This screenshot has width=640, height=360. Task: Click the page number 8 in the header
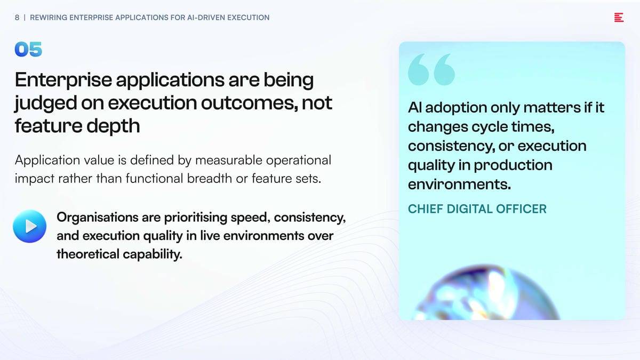tap(17, 18)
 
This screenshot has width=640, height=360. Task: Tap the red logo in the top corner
tap(619, 18)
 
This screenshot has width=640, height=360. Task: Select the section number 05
tap(28, 49)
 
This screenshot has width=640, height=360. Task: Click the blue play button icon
tap(30, 226)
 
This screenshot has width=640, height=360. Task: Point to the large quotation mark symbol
tap(431, 69)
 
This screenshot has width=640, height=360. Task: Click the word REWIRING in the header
tap(49, 18)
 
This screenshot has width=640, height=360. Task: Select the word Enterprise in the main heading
tap(63, 81)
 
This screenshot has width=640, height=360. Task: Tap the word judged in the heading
tap(46, 103)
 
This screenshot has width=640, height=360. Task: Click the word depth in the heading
tap(113, 126)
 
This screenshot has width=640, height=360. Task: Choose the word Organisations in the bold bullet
tap(98, 218)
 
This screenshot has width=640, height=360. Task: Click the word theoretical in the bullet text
tap(88, 254)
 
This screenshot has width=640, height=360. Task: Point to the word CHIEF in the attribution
tap(426, 209)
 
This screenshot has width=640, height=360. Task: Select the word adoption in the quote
tap(457, 108)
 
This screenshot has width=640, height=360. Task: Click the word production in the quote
tap(513, 165)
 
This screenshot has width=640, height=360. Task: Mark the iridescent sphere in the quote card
tap(487, 293)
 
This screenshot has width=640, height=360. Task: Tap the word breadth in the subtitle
tap(210, 179)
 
